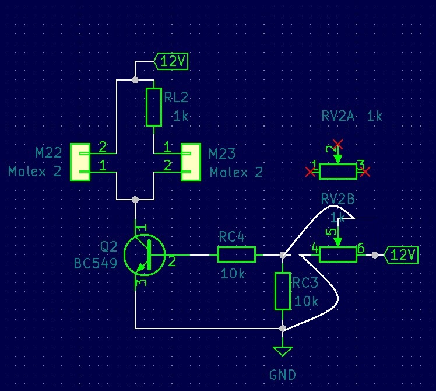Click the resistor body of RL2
tap(153, 107)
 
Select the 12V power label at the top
tap(171, 61)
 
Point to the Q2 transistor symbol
tap(145, 255)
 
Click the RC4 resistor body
tap(236, 254)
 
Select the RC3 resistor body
tap(283, 291)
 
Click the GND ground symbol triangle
tap(283, 351)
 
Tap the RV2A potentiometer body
tap(338, 171)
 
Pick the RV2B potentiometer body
tap(338, 254)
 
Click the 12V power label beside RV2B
tap(402, 255)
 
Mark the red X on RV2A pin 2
tap(337, 144)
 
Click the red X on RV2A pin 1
tap(310, 172)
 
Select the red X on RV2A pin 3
tap(366, 172)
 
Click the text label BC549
tap(96, 264)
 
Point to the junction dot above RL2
tap(135, 79)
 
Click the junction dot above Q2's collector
tap(135, 200)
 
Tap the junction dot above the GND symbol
tap(283, 329)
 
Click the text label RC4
tap(231, 236)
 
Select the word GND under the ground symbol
tap(283, 375)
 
